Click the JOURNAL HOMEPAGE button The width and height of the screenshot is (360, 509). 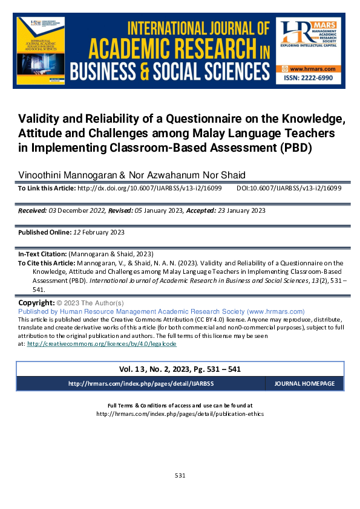(x=304, y=384)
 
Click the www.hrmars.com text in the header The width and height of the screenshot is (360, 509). (x=311, y=70)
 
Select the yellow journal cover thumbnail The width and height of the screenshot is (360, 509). (x=41, y=51)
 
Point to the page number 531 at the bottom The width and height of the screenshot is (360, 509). (x=180, y=475)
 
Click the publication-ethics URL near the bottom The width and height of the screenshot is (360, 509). (x=180, y=414)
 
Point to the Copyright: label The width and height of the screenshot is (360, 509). (x=37, y=302)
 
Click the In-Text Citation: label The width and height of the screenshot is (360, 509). (x=43, y=254)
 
